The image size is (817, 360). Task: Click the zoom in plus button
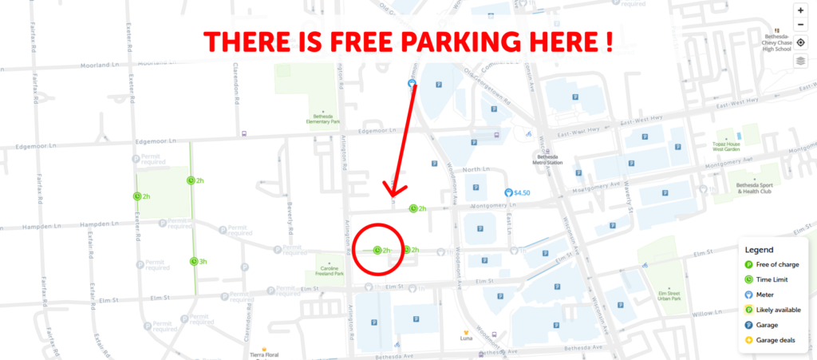click(x=800, y=11)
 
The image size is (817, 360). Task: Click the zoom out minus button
click(x=800, y=26)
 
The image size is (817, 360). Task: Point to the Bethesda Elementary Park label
click(x=323, y=121)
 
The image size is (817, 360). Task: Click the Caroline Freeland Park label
click(x=325, y=273)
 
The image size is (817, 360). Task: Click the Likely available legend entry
click(x=777, y=310)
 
